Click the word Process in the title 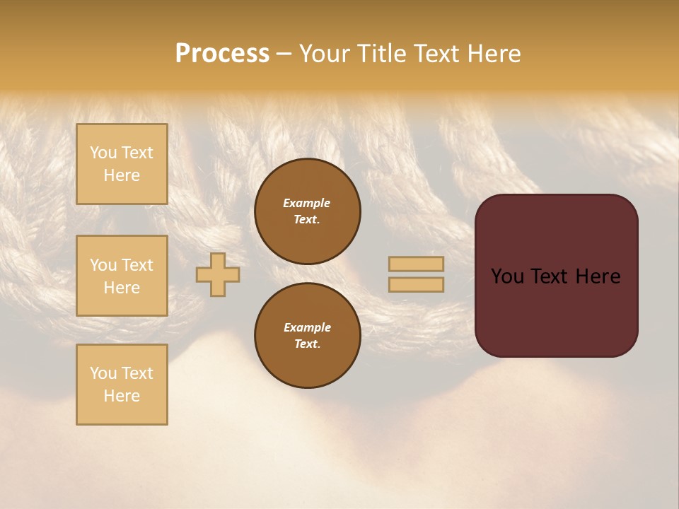pos(222,54)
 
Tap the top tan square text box pos(122,164)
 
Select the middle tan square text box pos(122,276)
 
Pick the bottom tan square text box pos(122,385)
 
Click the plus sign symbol pos(218,274)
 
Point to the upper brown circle pos(308,211)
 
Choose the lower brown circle pos(308,336)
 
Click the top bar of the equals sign pos(416,264)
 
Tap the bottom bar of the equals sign pos(416,284)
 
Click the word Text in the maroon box pos(546,276)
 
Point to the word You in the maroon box pos(507,276)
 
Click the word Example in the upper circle pos(307,203)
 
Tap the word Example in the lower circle pos(307,327)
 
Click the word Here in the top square pos(122,175)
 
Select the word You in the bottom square pos(103,373)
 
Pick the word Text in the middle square pos(137,265)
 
